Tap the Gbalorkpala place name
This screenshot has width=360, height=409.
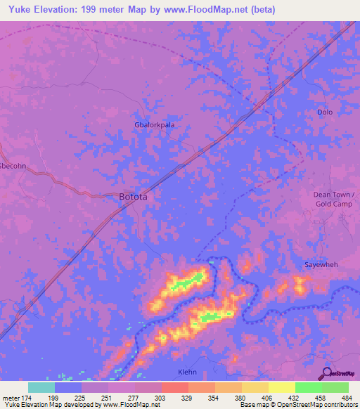pos(154,124)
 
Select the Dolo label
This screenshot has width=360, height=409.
pos(324,112)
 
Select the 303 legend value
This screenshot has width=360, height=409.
pos(160,398)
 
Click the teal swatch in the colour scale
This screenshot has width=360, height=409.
pos(41,387)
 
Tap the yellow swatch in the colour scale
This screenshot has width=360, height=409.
pos(281,387)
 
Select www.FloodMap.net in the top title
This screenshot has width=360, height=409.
pos(214,10)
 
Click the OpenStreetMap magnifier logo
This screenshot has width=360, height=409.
pos(327,373)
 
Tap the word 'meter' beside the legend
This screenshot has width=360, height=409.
pos(10,398)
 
